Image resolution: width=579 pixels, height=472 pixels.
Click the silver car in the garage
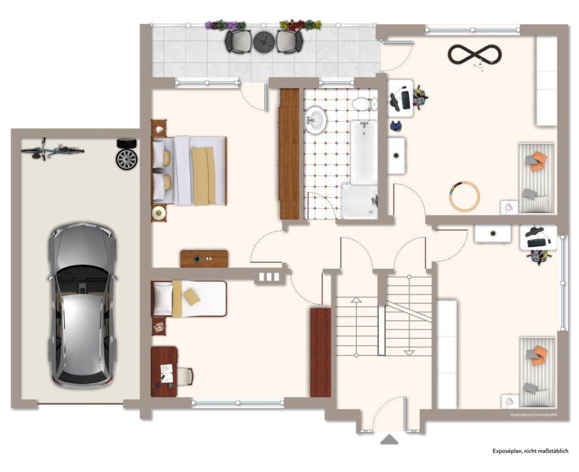click(x=82, y=305)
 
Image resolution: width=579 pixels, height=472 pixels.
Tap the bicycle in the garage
click(x=53, y=150)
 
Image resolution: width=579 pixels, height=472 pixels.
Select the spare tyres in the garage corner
click(x=127, y=154)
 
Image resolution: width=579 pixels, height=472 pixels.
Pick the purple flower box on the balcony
click(x=225, y=25)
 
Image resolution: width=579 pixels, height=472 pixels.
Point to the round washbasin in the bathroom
click(x=316, y=120)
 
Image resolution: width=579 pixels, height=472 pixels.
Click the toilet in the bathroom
click(x=364, y=104)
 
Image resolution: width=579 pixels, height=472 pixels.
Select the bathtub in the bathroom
click(x=364, y=151)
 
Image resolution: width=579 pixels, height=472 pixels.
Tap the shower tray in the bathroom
click(x=359, y=201)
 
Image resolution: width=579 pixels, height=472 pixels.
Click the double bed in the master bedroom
click(x=189, y=171)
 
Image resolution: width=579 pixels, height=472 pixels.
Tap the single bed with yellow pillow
click(x=189, y=298)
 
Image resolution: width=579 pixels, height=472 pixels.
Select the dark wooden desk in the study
click(x=164, y=371)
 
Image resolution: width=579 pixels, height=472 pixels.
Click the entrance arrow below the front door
click(x=389, y=439)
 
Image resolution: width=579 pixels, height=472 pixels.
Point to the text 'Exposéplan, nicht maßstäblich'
click(x=530, y=451)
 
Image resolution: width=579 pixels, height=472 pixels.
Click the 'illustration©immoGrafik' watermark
click(x=534, y=415)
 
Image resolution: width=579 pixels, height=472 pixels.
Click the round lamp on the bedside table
click(x=158, y=212)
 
